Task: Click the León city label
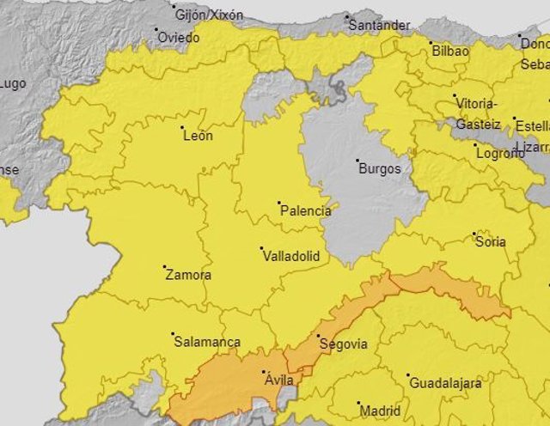198,135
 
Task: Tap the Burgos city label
380,168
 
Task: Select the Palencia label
306,210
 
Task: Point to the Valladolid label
290,256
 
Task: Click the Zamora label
187,276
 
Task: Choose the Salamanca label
207,341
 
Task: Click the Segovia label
343,344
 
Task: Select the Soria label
491,241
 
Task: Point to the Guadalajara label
444,383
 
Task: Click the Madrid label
380,411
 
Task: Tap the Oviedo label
180,38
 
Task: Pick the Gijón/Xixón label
209,15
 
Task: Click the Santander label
379,25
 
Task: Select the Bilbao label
450,51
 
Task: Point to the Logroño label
499,153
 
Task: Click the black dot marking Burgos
357,160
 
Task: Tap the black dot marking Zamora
165,267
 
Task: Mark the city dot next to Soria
474,233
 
